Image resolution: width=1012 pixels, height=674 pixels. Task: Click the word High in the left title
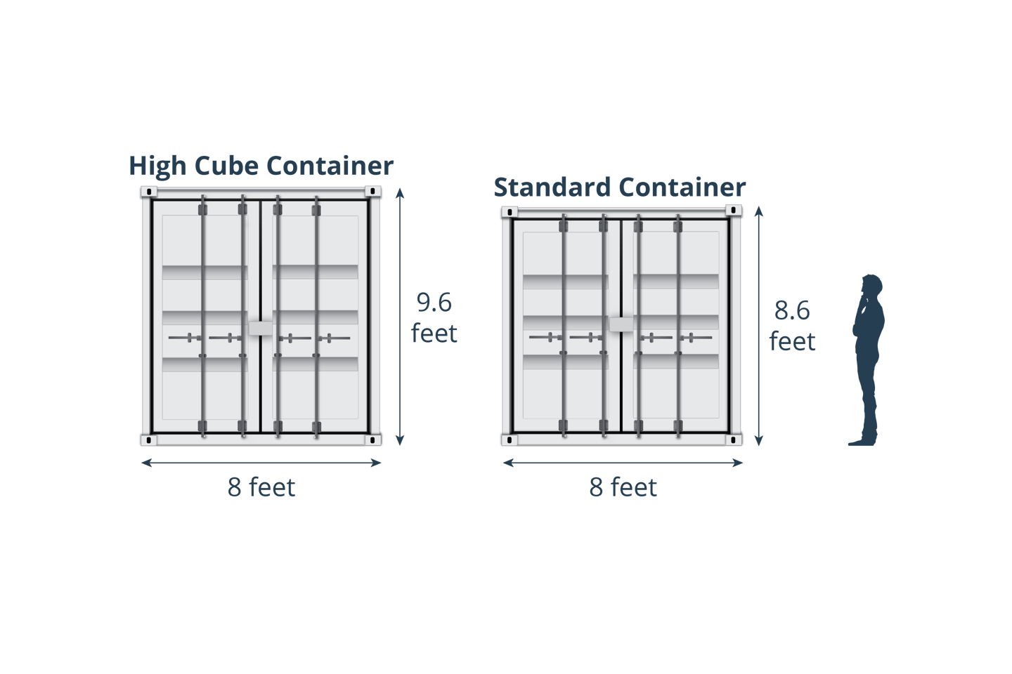click(158, 167)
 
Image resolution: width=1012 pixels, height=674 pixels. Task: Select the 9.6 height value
click(434, 303)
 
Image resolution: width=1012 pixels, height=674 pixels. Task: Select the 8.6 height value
click(792, 310)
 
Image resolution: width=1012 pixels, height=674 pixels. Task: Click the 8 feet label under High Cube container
click(261, 487)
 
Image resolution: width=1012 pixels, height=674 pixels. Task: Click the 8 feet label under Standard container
click(623, 487)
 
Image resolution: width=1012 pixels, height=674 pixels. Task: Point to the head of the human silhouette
click(871, 286)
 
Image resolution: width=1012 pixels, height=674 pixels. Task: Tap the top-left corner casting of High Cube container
click(148, 192)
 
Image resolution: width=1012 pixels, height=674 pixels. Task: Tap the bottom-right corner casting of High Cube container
click(373, 440)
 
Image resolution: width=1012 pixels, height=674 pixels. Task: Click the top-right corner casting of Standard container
click(734, 210)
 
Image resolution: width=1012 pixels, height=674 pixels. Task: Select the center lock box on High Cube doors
click(261, 328)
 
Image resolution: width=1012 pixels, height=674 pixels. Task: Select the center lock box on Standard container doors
click(621, 324)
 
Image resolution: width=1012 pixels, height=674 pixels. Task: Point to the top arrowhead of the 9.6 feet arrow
click(400, 192)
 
